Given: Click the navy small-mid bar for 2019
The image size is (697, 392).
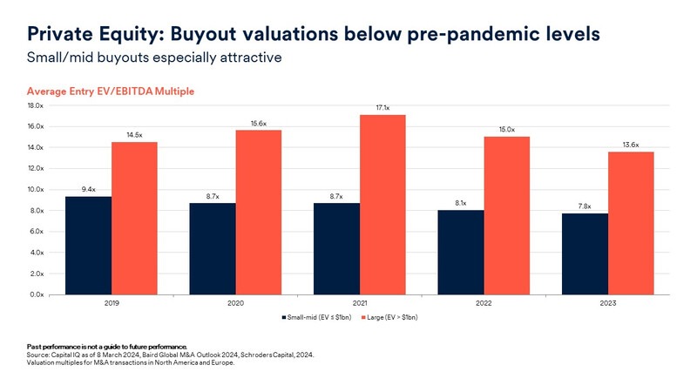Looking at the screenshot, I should pyautogui.click(x=88, y=245).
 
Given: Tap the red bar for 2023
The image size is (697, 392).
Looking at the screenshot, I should pyautogui.click(x=631, y=222).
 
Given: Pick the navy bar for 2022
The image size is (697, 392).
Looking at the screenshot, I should pyautogui.click(x=460, y=252).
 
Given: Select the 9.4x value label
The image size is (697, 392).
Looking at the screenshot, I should pyautogui.click(x=88, y=188).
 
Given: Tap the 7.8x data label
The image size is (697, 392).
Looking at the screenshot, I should pyautogui.click(x=585, y=206).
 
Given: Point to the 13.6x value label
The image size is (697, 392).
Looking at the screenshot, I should pyautogui.click(x=631, y=144).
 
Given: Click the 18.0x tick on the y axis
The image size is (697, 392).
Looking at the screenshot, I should pyautogui.click(x=36, y=105).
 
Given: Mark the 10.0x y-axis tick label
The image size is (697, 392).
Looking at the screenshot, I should pyautogui.click(x=36, y=189).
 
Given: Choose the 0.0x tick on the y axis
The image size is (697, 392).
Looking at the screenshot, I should pyautogui.click(x=36, y=294).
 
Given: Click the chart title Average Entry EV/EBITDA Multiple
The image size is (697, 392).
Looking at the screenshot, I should pyautogui.click(x=111, y=91).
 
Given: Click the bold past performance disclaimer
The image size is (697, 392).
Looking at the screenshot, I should pyautogui.click(x=106, y=347).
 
